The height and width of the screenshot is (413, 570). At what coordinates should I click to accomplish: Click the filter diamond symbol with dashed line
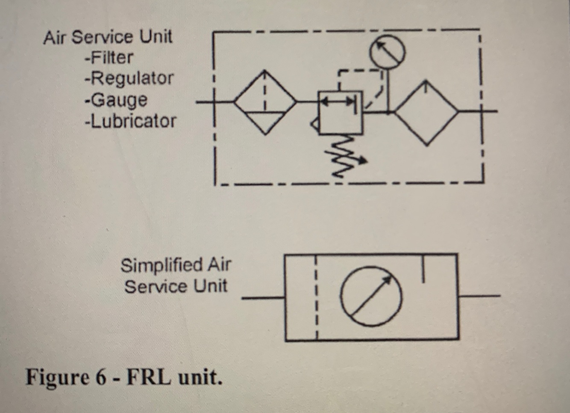pos(265,102)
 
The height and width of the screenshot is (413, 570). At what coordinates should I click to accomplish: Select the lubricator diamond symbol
pos(426,112)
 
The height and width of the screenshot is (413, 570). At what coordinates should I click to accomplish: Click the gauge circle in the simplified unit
pos(371,296)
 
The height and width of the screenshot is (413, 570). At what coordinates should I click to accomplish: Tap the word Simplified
pos(161,265)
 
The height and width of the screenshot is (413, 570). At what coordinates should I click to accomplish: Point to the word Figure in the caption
pos(57,377)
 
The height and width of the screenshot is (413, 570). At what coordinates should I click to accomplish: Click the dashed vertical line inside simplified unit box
pos(316,297)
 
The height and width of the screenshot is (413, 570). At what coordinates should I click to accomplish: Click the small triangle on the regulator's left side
pos(315,125)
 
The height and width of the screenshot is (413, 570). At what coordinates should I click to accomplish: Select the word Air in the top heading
pos(55,37)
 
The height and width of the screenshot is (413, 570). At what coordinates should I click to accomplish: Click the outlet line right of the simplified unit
pos(479,296)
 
